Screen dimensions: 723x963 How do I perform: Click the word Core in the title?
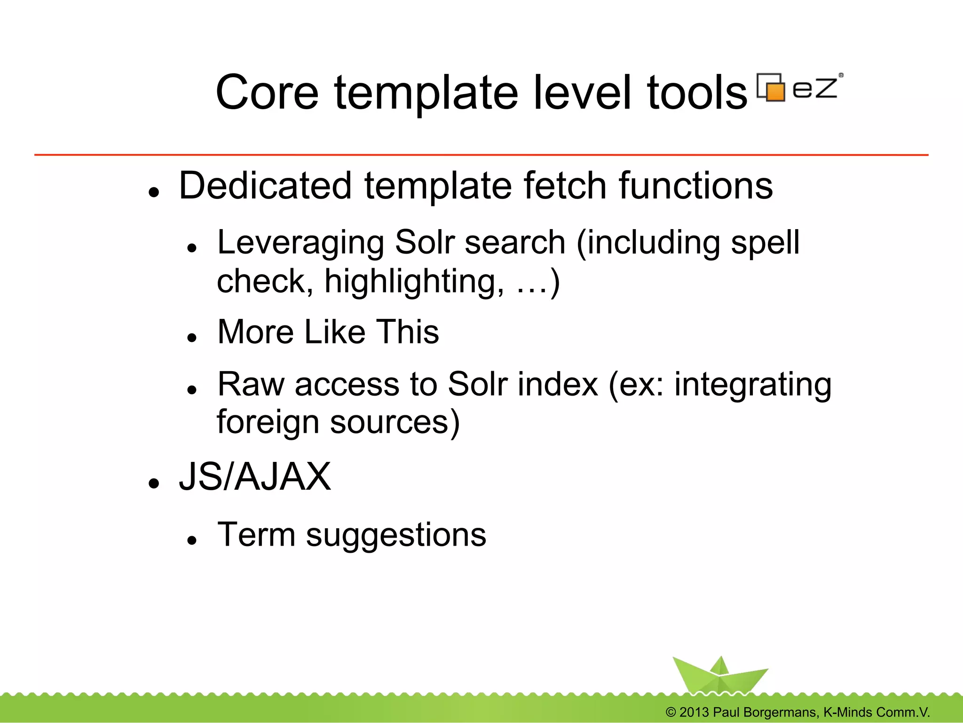pos(267,93)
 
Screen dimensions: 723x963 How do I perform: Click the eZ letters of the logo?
pos(815,88)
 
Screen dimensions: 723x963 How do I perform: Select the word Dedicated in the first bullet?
pos(265,186)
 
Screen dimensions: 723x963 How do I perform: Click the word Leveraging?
pos(300,243)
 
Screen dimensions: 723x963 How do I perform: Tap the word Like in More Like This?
pos(335,332)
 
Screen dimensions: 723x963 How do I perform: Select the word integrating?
pos(752,385)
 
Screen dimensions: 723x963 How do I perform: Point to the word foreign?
pos(268,422)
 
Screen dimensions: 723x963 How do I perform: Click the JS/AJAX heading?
pos(255,477)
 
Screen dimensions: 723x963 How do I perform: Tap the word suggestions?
pos(396,535)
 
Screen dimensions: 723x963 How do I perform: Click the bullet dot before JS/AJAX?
pos(154,483)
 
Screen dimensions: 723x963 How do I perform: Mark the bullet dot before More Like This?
pos(191,337)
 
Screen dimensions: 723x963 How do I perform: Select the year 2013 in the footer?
pos(694,712)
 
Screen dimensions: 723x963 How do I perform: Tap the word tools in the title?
pos(696,93)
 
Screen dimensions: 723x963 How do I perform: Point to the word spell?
pos(765,243)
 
